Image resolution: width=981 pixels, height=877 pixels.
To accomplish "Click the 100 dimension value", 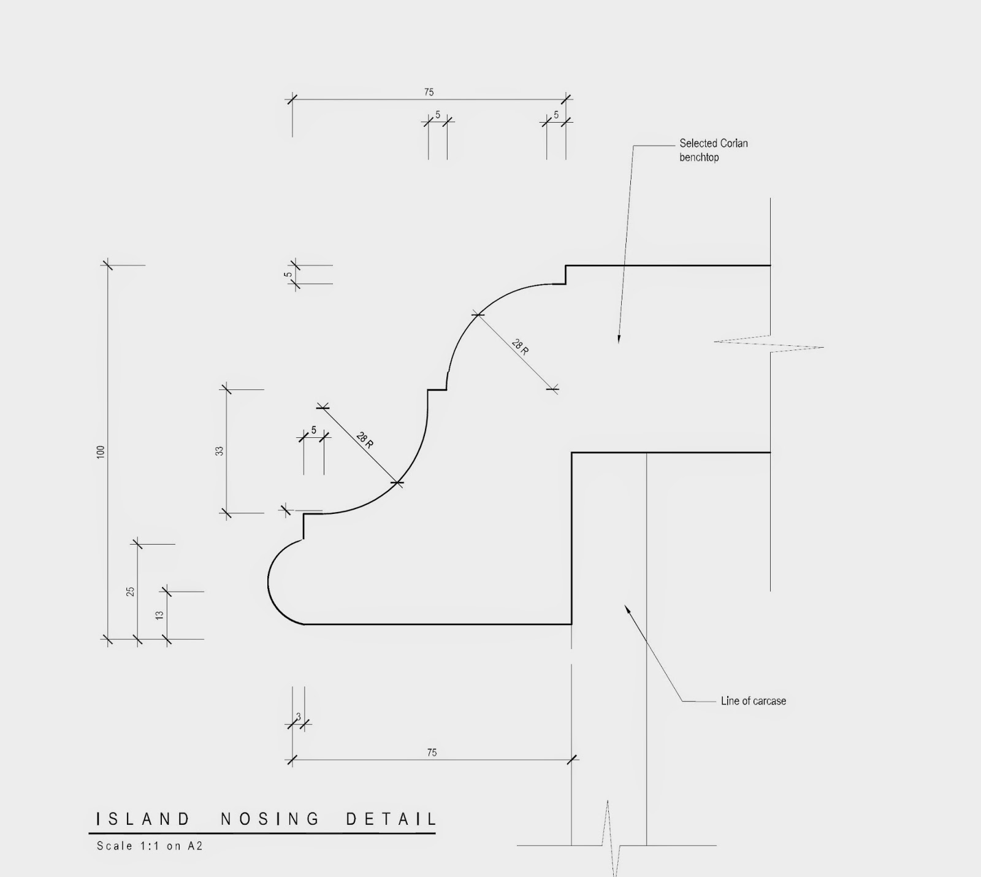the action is click(101, 452).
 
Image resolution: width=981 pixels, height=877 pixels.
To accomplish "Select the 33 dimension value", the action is click(219, 451).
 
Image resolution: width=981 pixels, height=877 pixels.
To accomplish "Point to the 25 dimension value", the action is click(131, 592).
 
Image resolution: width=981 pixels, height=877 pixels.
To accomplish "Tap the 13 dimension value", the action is click(159, 615).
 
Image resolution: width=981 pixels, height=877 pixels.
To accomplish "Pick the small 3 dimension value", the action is click(299, 716).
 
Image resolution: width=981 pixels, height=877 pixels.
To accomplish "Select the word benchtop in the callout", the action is click(699, 158).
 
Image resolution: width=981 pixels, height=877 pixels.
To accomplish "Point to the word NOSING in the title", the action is click(270, 819).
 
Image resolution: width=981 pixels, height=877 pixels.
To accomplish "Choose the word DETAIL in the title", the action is click(391, 819).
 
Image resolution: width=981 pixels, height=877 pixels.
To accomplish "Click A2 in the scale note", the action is click(195, 846).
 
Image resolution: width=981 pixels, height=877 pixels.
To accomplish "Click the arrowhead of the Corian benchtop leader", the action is click(619, 339).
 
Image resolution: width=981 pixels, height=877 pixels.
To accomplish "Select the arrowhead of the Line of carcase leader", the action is click(627, 608).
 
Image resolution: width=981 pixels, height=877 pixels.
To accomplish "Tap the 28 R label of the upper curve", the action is click(520, 347).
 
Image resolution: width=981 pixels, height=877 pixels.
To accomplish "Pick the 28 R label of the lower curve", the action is click(365, 439).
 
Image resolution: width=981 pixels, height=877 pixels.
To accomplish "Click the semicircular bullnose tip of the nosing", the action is click(270, 582).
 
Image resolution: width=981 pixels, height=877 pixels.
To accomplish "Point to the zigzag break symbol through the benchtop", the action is click(769, 344).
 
